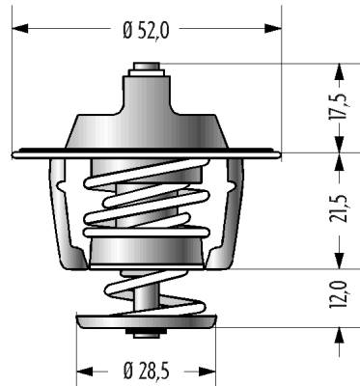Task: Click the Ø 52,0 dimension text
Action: coord(146,31)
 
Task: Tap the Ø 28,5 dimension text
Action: coord(146,372)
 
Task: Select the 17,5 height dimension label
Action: coord(339,107)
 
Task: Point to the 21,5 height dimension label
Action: coord(339,208)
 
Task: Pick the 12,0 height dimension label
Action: coord(339,294)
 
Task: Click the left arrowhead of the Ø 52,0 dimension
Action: coord(20,28)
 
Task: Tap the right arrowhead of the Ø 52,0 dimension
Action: coord(273,28)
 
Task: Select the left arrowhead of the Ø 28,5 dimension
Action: coord(85,372)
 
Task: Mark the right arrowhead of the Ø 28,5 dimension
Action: coord(208,372)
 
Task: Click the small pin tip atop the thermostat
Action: coord(147,66)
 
